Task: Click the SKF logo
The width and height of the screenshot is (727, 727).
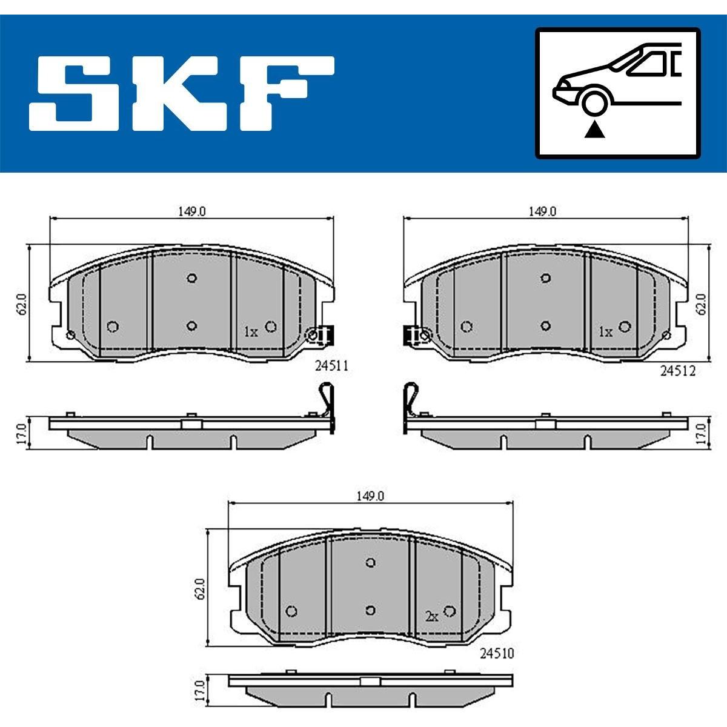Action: pos(182,93)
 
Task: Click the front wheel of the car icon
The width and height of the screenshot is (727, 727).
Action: pos(594,103)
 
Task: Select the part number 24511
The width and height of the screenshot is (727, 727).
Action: pos(331,365)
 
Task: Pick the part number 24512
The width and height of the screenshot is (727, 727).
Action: pos(677,371)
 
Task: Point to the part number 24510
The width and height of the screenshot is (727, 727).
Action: pos(497,653)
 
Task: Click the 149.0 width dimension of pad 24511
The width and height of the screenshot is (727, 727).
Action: pos(192,211)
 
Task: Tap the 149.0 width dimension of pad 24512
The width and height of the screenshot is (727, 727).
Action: pos(542,211)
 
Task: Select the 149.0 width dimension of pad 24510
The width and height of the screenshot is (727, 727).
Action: pos(370,496)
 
